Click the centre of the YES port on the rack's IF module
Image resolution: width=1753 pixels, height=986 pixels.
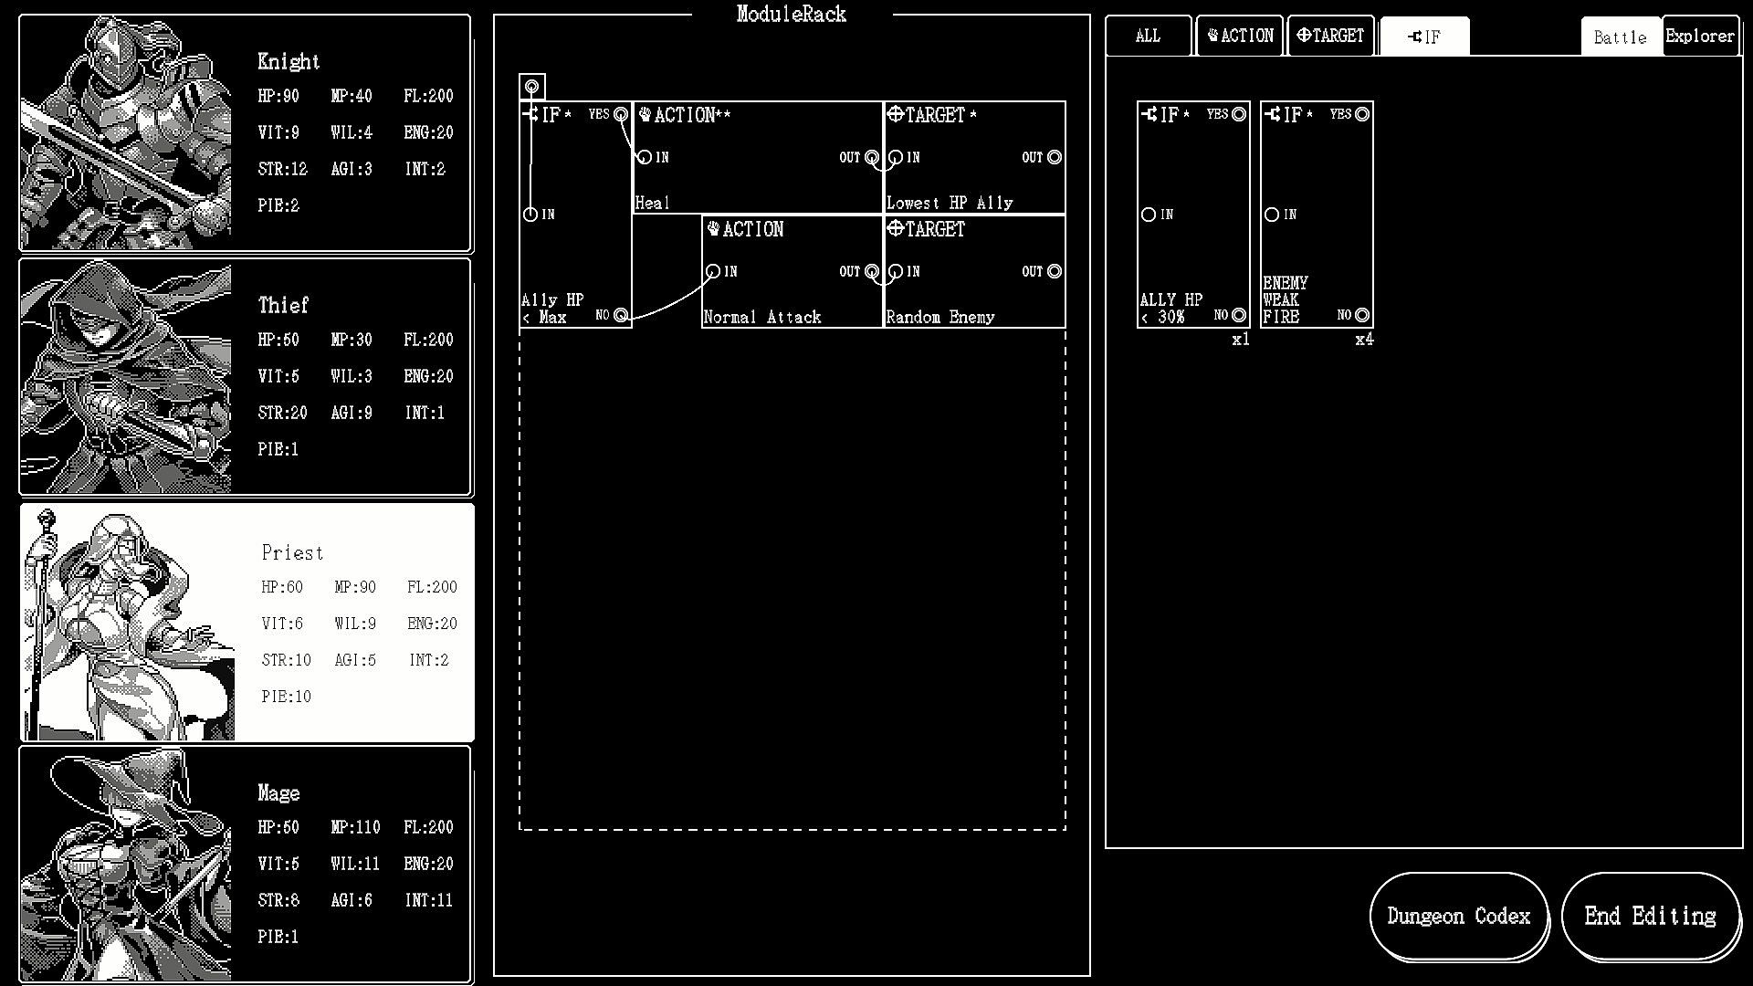621,114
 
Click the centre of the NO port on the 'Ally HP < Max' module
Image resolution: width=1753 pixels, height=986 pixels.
621,315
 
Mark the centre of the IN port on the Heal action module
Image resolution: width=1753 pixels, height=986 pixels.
645,157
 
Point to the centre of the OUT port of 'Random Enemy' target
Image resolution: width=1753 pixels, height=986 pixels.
1055,271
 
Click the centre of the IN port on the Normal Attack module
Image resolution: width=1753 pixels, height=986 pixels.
713,271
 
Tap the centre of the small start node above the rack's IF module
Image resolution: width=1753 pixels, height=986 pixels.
532,88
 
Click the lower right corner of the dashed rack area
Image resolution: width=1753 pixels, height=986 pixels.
1065,829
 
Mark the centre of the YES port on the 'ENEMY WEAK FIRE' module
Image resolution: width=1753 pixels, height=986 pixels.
1362,114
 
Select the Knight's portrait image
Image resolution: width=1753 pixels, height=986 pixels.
126,133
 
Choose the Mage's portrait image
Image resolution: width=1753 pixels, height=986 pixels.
126,864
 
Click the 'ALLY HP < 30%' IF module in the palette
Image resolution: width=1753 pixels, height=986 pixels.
1193,215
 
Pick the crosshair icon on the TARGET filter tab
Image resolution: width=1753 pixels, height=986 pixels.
1304,36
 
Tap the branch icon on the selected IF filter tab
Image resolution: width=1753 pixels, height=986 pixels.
1415,37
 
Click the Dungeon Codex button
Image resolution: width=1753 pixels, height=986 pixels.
1459,917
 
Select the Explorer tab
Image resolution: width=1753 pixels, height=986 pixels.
1700,37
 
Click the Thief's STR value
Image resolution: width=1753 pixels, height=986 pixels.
282,413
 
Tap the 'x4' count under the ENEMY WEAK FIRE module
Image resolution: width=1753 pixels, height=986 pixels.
1364,340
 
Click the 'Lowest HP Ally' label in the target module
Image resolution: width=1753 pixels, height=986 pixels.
950,203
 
